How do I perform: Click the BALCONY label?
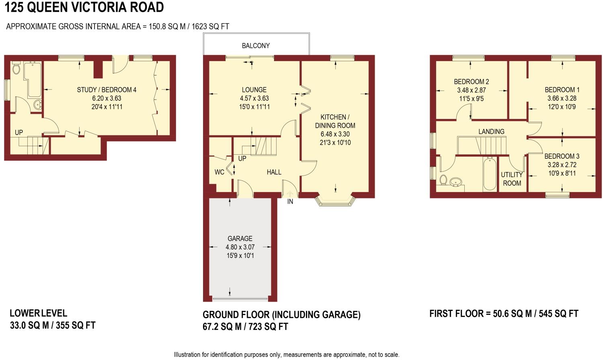[x=256, y=46]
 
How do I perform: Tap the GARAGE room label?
[x=240, y=239]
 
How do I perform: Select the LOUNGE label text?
[x=254, y=90]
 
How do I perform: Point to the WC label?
[x=219, y=172]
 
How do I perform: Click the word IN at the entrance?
[x=290, y=202]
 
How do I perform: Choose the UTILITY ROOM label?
[x=512, y=179]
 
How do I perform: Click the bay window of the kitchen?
[x=336, y=200]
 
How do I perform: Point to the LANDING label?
[x=491, y=132]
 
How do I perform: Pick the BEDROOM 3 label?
[x=562, y=156]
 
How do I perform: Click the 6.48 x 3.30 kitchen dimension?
[x=335, y=134]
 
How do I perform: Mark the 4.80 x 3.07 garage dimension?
[x=240, y=247]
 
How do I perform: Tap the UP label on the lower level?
[x=19, y=133]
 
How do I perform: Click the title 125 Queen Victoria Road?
[x=84, y=7]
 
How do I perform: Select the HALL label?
[x=274, y=172]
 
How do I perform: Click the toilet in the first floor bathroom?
[x=443, y=180]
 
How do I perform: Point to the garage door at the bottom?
[x=240, y=299]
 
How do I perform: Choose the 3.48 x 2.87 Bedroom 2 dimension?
[x=471, y=90]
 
